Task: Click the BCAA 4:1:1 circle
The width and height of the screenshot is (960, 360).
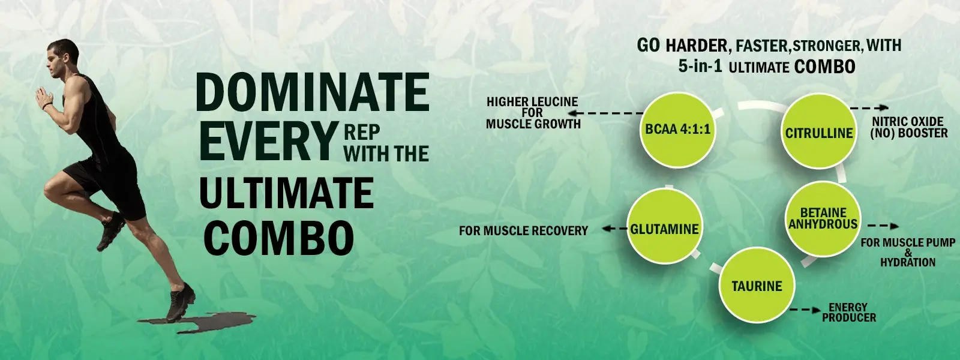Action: pos(677,130)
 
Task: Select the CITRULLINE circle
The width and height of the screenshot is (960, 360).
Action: pos(819,131)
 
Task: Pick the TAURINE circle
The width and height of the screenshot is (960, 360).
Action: pos(757,285)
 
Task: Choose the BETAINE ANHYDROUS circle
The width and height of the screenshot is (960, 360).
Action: pos(823,219)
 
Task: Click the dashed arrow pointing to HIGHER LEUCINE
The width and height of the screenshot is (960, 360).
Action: pos(605,113)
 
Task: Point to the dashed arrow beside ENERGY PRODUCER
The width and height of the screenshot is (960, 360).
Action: pos(805,310)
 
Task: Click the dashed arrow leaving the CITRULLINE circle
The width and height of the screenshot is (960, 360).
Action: pos(869,107)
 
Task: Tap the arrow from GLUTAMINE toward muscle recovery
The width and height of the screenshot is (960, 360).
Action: pos(614,229)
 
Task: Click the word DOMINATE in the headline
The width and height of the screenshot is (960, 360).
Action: pos(313,92)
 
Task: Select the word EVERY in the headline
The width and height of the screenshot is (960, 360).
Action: pos(267,141)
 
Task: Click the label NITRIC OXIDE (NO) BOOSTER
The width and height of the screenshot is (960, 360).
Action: pos(908,127)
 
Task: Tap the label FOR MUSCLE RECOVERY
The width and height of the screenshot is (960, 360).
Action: pos(523,230)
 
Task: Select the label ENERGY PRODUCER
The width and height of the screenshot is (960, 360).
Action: pos(849,313)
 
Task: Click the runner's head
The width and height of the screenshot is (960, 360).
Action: pos(64,58)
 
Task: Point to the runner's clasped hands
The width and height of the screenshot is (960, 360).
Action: pos(42,98)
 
